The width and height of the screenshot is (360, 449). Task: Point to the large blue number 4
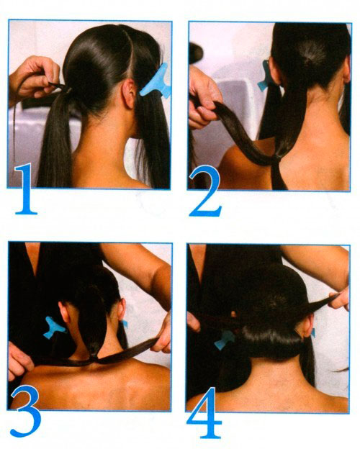(x=205, y=412)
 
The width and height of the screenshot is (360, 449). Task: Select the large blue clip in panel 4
(x=225, y=340)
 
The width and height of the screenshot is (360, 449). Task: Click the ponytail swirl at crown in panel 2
(x=311, y=56)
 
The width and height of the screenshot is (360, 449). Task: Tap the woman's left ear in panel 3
(x=66, y=313)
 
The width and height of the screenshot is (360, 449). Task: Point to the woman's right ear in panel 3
(x=122, y=310)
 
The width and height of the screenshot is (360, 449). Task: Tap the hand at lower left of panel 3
(x=19, y=361)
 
